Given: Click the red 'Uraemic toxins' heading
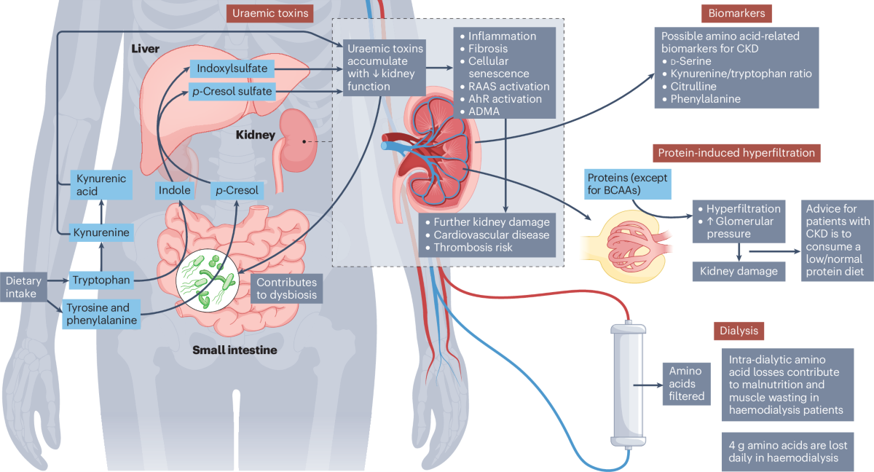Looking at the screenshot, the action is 270,13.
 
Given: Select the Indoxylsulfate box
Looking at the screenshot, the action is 232,68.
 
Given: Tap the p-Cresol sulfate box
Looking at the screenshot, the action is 232,91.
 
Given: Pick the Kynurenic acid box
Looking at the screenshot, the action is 101,185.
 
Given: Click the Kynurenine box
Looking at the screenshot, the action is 101,232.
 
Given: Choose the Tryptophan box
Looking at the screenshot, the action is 101,280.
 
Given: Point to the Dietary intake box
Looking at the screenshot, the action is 23,287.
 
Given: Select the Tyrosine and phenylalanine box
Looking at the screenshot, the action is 101,314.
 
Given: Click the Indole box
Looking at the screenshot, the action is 174,190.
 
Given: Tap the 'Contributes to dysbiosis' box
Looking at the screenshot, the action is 286,288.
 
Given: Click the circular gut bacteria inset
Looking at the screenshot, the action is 207,281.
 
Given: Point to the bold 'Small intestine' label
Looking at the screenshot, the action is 235,350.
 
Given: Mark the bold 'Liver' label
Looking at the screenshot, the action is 145,49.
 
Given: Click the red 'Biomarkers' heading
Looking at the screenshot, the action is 736,13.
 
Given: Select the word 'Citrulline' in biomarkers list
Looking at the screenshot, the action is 693,86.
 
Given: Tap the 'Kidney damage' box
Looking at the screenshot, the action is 739,272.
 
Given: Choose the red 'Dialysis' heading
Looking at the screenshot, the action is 739,331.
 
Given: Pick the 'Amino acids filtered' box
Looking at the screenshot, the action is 686,384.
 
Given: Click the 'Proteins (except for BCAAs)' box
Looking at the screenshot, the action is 627,184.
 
